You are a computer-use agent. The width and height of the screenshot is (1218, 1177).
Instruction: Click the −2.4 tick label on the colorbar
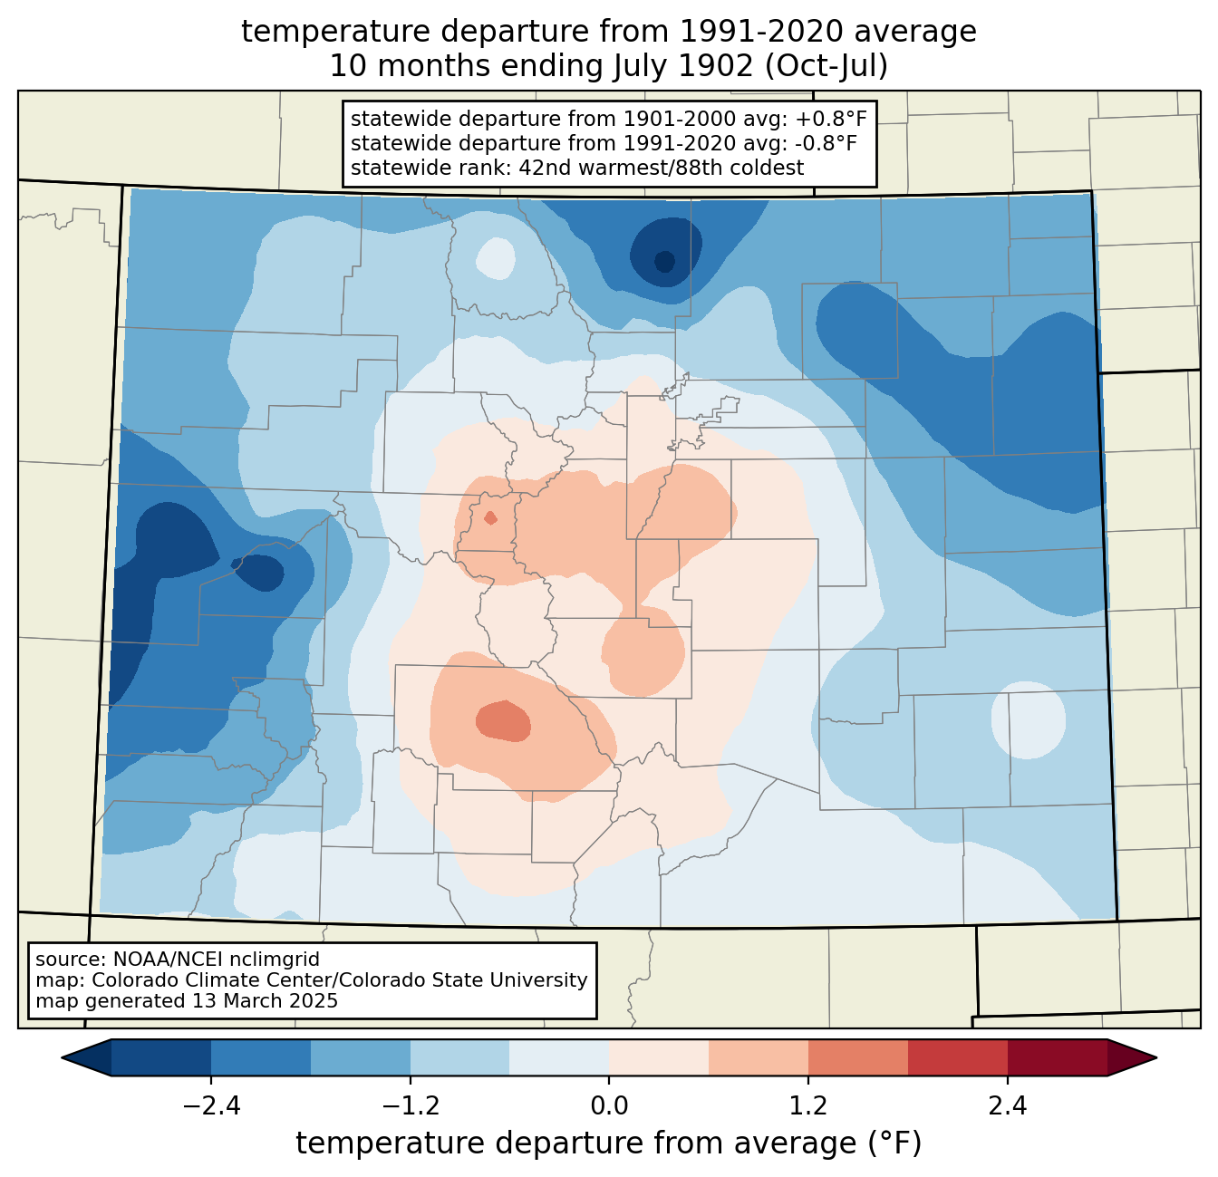pyautogui.click(x=211, y=1105)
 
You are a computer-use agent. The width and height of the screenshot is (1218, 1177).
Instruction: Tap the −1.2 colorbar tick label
pyautogui.click(x=411, y=1105)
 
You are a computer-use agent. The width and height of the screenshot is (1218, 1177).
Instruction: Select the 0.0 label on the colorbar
pyautogui.click(x=609, y=1105)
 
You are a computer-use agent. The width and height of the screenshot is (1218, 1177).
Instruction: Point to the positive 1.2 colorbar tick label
pyautogui.click(x=808, y=1105)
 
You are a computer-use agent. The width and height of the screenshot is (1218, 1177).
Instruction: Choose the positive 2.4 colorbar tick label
pyautogui.click(x=1007, y=1105)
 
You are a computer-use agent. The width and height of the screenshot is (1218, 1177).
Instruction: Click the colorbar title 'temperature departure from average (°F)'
pyautogui.click(x=608, y=1143)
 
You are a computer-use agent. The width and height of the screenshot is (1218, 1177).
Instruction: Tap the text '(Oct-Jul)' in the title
pyautogui.click(x=826, y=66)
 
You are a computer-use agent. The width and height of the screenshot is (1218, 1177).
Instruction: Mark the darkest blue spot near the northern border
pyautogui.click(x=664, y=261)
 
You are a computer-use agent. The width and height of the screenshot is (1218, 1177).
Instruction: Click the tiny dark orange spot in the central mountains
pyautogui.click(x=490, y=518)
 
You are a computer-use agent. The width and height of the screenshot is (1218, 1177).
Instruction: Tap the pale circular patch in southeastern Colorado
pyautogui.click(x=1029, y=719)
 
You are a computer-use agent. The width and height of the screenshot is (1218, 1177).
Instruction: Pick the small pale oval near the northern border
pyautogui.click(x=496, y=258)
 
